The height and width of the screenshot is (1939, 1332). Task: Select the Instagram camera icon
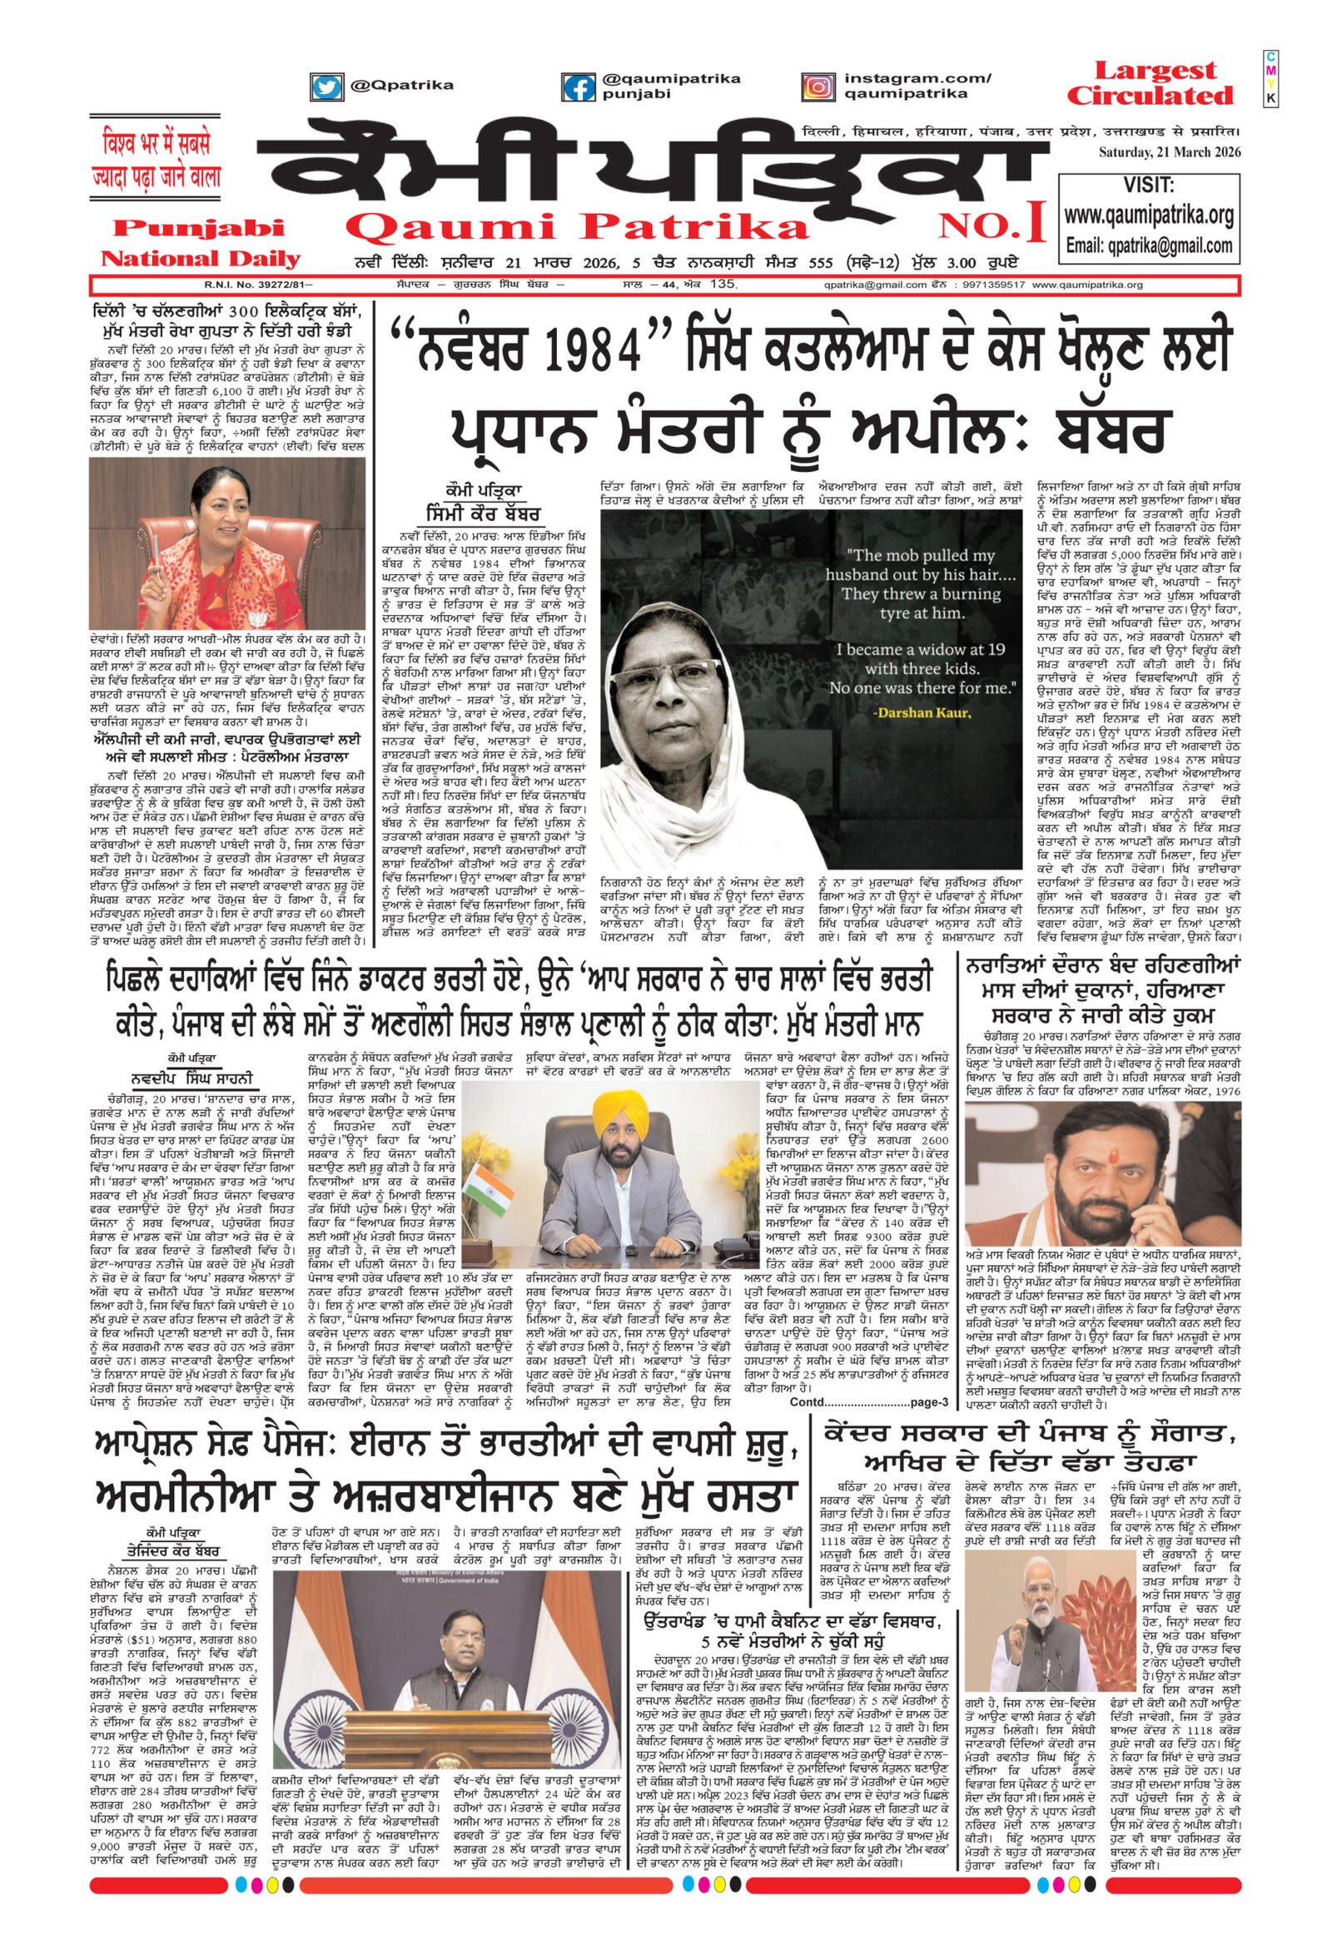click(x=818, y=87)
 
